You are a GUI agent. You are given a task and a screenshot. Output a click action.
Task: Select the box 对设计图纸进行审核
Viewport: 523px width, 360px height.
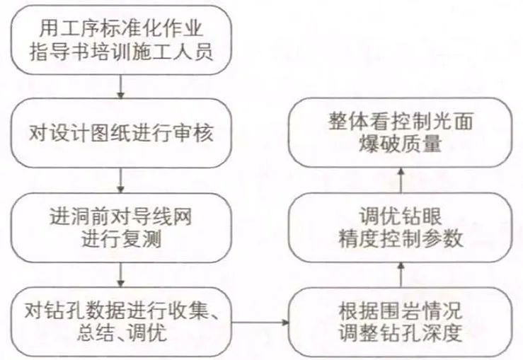[122, 133]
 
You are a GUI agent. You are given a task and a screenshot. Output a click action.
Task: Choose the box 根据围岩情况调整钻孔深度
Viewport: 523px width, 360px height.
[400, 321]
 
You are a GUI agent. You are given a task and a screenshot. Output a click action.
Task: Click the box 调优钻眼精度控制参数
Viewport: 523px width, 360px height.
[400, 227]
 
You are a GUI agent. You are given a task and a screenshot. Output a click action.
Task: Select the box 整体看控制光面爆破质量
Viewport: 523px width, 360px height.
[400, 133]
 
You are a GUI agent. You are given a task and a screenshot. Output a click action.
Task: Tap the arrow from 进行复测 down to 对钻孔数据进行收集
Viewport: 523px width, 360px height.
[122, 272]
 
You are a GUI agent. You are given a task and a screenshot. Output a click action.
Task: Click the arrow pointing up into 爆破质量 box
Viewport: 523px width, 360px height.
[400, 180]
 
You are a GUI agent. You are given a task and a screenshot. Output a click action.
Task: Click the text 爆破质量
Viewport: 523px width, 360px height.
[400, 145]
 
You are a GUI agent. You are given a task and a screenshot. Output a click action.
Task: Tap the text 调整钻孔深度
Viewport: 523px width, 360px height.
[400, 333]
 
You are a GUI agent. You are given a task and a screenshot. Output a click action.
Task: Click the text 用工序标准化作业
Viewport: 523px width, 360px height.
[122, 30]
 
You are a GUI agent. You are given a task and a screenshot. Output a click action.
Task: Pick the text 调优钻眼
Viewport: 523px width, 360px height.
[400, 216]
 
